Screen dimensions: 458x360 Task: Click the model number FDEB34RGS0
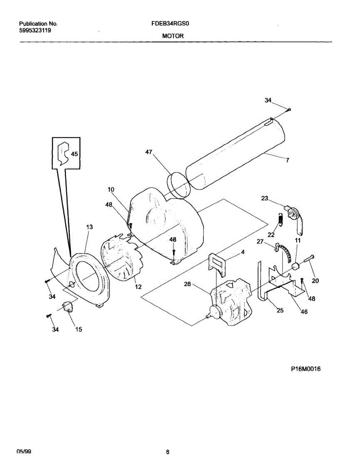point(171,24)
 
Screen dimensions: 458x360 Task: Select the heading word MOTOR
point(173,36)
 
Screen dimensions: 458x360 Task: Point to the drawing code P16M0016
point(305,369)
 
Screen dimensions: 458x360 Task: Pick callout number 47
point(149,152)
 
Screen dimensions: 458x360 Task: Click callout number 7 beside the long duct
point(287,160)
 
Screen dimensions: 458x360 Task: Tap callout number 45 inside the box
point(74,154)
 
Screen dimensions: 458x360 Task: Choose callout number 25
point(280,310)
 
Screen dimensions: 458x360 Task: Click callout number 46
point(304,312)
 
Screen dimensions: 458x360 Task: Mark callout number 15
point(78,330)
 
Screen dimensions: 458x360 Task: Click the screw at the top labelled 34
point(289,110)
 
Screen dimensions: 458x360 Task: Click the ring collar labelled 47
point(178,185)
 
